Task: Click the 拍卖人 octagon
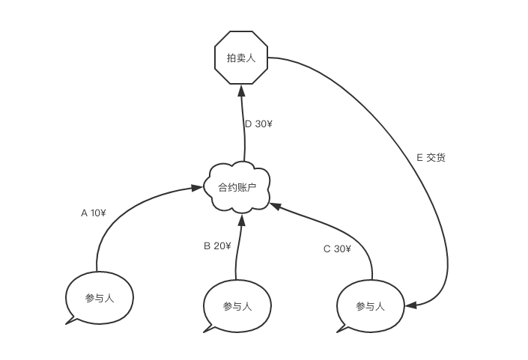pos(241,57)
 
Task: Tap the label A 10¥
pos(94,213)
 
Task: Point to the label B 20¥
pos(217,246)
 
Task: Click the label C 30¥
pos(337,249)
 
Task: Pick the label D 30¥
pos(258,124)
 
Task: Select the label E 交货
pos(431,158)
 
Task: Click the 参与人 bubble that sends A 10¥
pos(100,298)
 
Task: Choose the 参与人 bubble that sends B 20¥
pos(237,306)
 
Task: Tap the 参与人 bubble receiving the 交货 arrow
pos(370,306)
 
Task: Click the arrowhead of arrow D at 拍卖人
pos(242,90)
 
